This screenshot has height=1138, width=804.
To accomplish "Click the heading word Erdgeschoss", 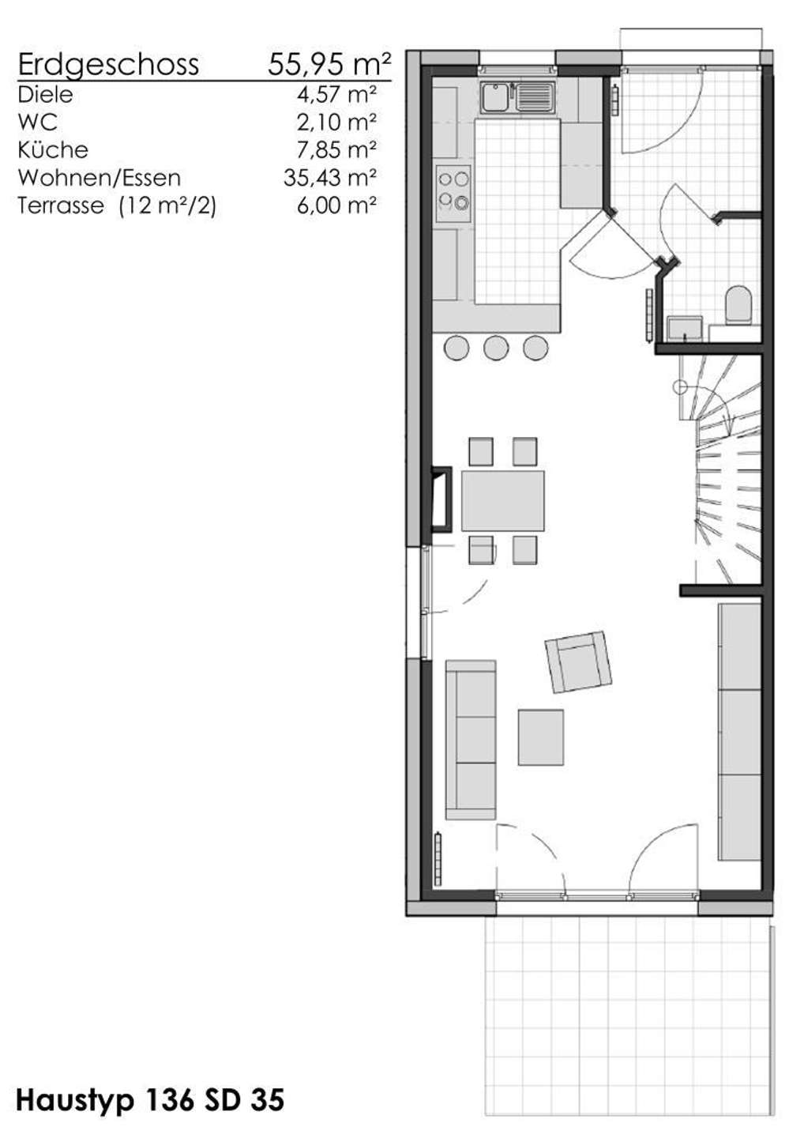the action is coord(108,66).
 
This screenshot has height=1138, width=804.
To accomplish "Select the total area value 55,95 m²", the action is coord(329,64).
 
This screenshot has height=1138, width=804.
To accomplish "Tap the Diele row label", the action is coord(45,95).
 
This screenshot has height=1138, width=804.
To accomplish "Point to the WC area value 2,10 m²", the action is coord(336,122).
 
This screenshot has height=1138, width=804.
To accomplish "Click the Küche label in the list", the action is coord(53,150).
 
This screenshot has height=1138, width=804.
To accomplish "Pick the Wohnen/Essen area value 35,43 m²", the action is coord(330,178).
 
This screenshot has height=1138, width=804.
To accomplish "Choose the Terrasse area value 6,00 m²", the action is coord(336,205).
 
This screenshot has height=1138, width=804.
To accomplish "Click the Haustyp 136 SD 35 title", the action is coord(150,1100).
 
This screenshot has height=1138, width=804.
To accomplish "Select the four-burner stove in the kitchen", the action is coord(453,193).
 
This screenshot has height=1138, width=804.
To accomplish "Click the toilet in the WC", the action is coord(738,305).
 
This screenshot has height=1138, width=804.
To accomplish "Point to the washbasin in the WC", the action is coord(686,328).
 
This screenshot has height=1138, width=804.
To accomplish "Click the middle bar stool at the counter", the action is coord(496,348).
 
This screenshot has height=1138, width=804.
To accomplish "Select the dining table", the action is coord(502,501).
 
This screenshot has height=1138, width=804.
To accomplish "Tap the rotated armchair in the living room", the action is coord(579,662).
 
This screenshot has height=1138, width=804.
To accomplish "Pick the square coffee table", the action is coord(540,737).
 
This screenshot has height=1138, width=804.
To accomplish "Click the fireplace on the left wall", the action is coord(441,499).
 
